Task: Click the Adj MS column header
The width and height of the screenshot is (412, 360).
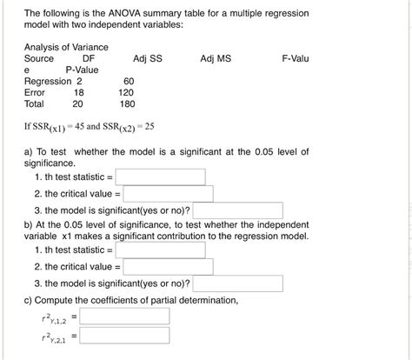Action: point(216,58)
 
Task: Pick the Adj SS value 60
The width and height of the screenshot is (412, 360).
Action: point(129,80)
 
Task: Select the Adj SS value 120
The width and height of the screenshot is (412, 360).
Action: point(126,90)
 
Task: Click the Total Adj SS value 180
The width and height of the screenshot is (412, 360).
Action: point(126,102)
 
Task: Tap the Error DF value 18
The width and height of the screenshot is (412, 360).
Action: point(78,90)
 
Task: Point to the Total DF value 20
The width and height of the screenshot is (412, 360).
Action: point(78,102)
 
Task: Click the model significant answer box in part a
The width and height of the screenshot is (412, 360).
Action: point(239,210)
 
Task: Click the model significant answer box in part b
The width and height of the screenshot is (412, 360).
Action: point(239,283)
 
